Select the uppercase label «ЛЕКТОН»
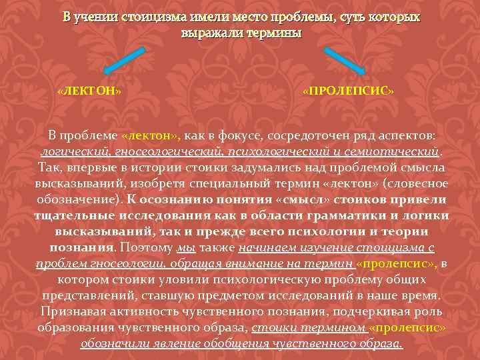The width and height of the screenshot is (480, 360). (89, 91)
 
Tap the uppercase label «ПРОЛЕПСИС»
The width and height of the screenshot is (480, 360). (348, 91)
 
